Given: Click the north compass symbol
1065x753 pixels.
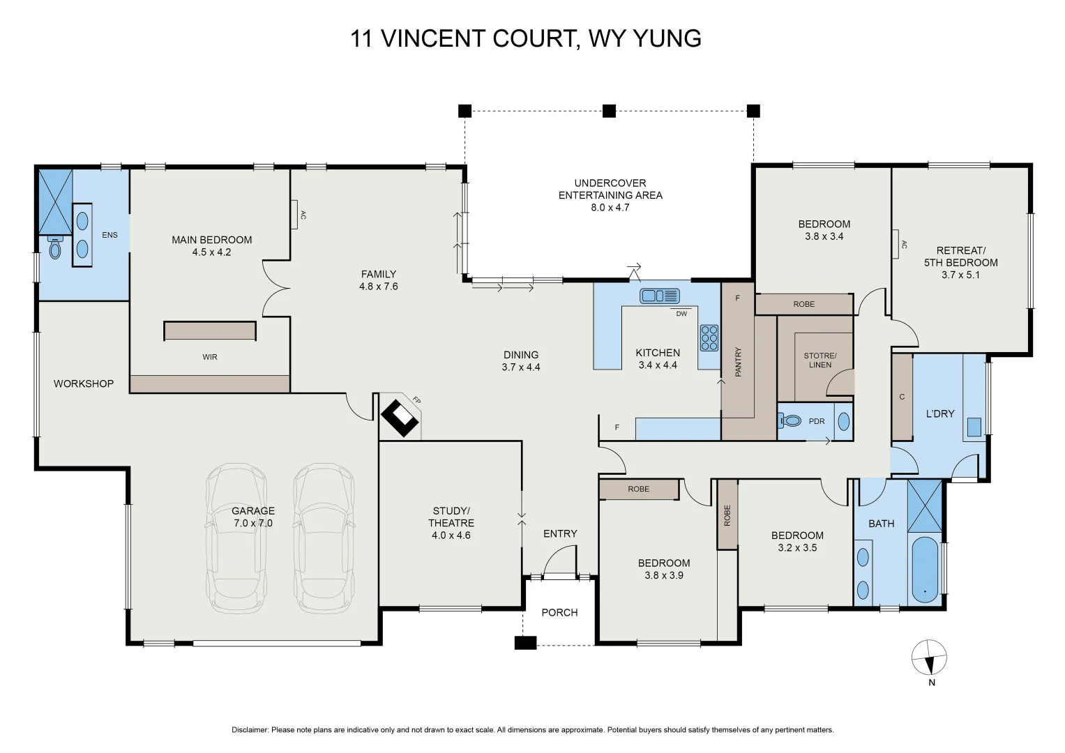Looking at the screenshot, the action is tap(929, 658).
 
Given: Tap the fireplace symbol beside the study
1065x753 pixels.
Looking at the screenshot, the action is tap(400, 418).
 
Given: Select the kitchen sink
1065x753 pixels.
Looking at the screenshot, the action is tap(660, 296).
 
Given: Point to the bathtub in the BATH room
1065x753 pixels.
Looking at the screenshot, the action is tap(925, 570).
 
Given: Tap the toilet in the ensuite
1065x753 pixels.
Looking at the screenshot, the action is tap(55, 248).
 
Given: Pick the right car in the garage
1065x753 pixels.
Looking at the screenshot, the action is tap(324, 538).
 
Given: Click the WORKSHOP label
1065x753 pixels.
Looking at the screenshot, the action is tap(84, 383).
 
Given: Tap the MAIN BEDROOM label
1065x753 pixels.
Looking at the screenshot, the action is tap(211, 240).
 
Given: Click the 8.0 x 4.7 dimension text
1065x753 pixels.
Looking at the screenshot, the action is tap(610, 208).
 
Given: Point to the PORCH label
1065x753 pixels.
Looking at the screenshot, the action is tap(559, 613).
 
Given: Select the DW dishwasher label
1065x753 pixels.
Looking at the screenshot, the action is tap(681, 314).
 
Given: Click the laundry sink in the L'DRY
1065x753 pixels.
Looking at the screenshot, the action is tap(974, 427).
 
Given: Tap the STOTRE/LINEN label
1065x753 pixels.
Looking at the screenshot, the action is tap(820, 360).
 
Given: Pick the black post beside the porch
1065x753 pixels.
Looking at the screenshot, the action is tap(525, 643).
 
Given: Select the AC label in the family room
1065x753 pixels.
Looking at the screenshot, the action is tap(303, 215).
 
